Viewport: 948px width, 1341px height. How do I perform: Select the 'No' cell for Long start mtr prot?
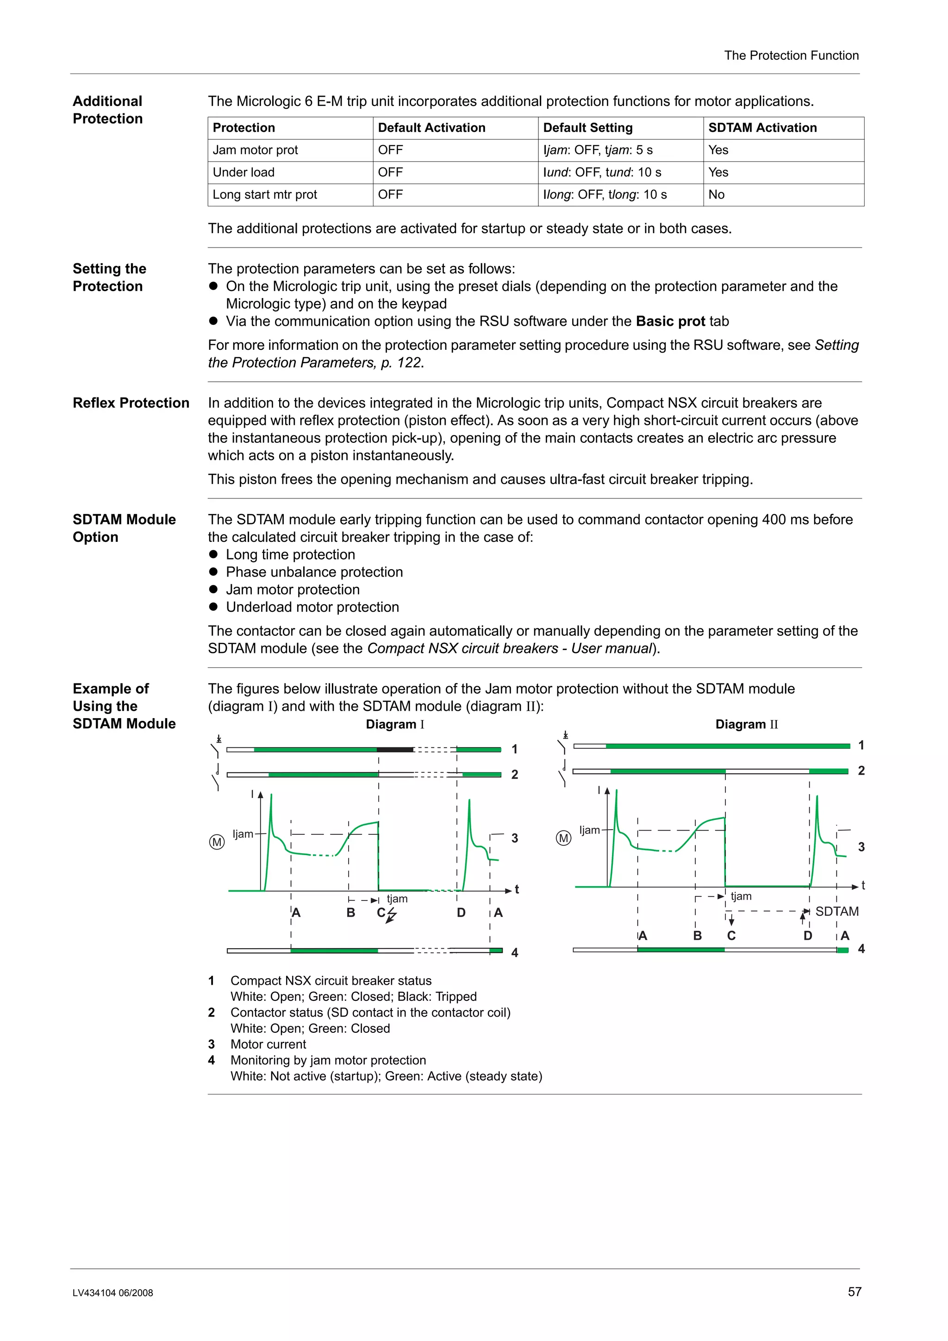[716, 194]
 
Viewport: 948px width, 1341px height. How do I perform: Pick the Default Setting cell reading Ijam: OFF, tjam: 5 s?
[598, 150]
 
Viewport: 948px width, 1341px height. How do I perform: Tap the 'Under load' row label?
[243, 172]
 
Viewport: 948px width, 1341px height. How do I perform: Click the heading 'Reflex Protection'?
[131, 403]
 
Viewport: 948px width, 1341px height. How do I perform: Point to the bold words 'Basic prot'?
[670, 321]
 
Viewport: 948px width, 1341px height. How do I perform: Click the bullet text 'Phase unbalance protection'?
[314, 572]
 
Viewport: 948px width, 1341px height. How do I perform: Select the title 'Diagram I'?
[395, 724]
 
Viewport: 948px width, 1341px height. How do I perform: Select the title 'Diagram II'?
[747, 724]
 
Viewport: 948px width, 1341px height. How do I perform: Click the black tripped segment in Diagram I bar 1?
[395, 749]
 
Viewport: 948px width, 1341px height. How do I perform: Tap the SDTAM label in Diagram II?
[836, 911]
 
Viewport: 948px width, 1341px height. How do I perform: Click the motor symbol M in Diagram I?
[217, 842]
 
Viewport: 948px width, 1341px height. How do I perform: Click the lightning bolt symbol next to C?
[391, 915]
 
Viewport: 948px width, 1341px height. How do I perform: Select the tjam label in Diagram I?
[397, 898]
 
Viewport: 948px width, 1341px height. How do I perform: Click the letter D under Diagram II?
[807, 936]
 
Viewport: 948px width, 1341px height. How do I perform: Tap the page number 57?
[854, 1291]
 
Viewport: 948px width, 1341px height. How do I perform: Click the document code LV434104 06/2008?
[113, 1293]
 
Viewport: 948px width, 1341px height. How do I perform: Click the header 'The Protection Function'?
[791, 56]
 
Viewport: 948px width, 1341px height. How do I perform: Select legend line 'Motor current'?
[268, 1044]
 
